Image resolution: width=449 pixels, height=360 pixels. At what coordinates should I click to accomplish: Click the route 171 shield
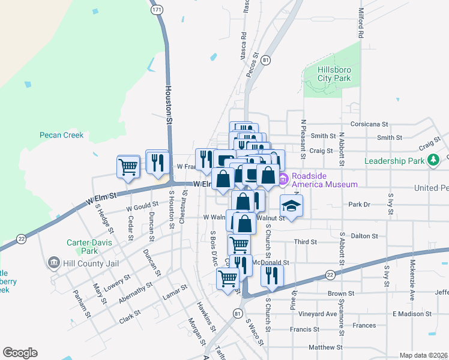coord(157,10)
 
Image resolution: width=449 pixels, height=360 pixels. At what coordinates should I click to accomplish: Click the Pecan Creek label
coord(62,135)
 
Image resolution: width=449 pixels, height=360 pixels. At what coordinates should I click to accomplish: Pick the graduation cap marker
coord(291,206)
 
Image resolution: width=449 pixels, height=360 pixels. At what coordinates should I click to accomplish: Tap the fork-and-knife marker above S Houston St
coord(157,162)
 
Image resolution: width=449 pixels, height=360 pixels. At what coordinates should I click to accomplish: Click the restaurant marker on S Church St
coord(272,275)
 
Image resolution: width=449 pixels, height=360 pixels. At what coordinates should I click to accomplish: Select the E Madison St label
coord(412,314)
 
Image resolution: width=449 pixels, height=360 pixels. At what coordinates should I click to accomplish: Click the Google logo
coord(20,353)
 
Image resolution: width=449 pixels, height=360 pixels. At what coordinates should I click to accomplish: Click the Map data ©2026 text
coord(423,355)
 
